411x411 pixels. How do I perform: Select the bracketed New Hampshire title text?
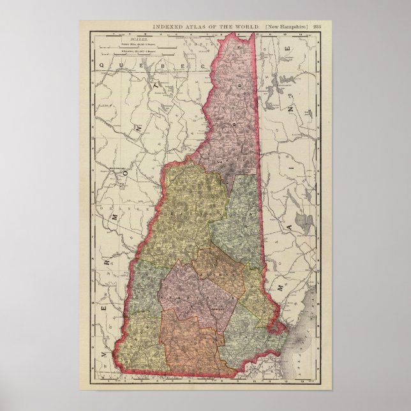[287, 26]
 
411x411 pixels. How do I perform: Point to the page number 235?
[317, 26]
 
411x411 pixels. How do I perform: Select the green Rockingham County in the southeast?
[246, 335]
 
